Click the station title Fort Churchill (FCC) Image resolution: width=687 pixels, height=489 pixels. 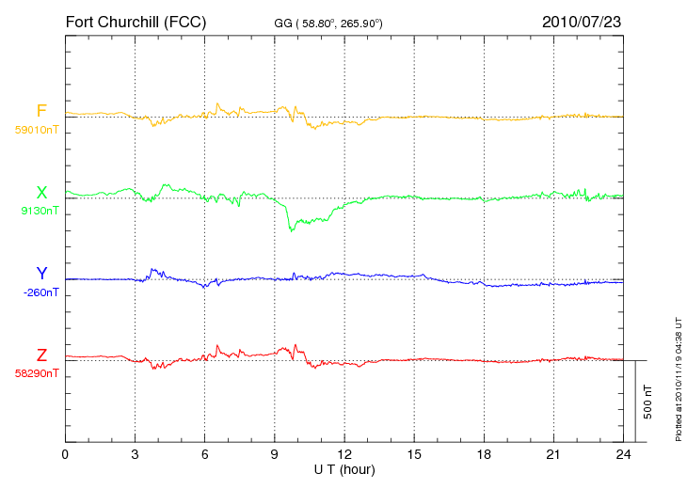[x=136, y=23]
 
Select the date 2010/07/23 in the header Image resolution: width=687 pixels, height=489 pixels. [x=582, y=22]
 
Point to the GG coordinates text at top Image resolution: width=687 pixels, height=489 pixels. [x=328, y=24]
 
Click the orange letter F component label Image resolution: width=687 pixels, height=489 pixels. [x=41, y=111]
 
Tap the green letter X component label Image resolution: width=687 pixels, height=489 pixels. [x=41, y=193]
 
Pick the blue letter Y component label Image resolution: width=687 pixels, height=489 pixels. [x=41, y=273]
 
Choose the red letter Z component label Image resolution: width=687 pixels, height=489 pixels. [x=41, y=355]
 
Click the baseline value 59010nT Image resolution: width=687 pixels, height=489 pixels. [x=37, y=130]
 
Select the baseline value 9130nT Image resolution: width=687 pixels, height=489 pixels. [x=40, y=211]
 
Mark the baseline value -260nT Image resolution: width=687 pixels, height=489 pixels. [x=40, y=292]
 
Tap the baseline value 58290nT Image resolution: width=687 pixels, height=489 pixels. [x=37, y=373]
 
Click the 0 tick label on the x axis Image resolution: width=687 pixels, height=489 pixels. [x=65, y=454]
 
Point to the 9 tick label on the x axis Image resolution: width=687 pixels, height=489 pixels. [x=274, y=454]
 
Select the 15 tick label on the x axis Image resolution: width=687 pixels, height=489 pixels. [x=414, y=454]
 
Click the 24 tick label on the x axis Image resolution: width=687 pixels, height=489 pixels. [x=623, y=454]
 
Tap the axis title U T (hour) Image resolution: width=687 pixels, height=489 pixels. [x=344, y=470]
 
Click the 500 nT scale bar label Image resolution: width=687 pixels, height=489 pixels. [x=648, y=402]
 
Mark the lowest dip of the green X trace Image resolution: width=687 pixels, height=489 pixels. [x=291, y=230]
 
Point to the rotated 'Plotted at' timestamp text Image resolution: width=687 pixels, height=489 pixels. [x=679, y=379]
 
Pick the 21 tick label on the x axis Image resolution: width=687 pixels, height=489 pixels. [x=553, y=454]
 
